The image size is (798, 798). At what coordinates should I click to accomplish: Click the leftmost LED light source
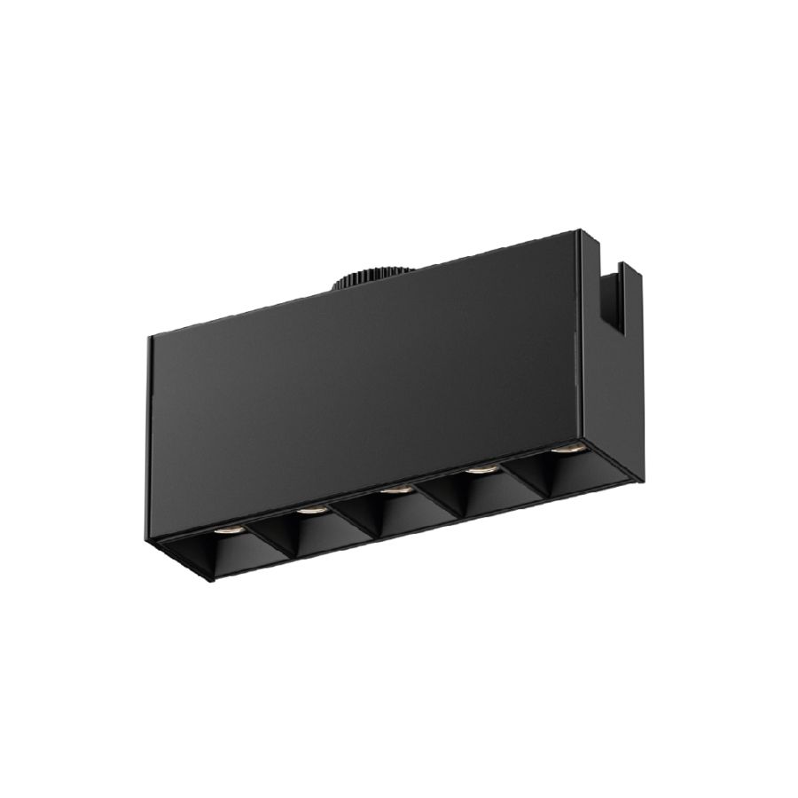(x=223, y=530)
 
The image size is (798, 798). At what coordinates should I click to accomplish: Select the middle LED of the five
(x=395, y=488)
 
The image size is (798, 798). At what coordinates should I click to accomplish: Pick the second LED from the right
(x=480, y=470)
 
